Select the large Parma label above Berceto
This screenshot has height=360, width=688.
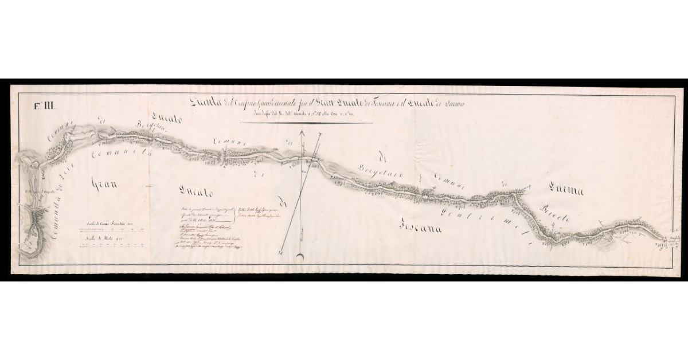(565, 190)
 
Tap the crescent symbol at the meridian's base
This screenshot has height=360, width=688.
(300, 255)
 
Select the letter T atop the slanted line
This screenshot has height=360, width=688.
(322, 134)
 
